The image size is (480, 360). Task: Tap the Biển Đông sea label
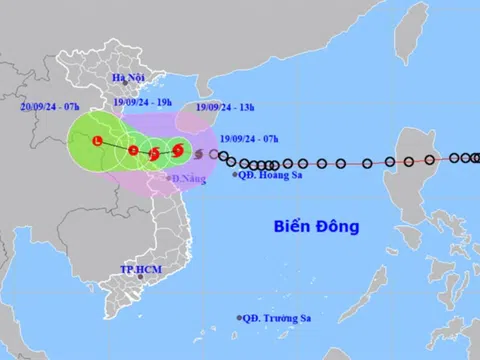(x=316, y=227)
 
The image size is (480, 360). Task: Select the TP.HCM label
(x=141, y=271)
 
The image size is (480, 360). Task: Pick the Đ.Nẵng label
(x=189, y=179)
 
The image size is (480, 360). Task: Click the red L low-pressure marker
(x=96, y=142)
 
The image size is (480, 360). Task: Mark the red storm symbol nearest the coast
(x=178, y=151)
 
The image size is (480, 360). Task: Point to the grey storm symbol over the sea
(x=198, y=154)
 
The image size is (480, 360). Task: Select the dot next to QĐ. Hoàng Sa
(x=236, y=174)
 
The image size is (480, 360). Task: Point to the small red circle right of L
(x=134, y=150)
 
